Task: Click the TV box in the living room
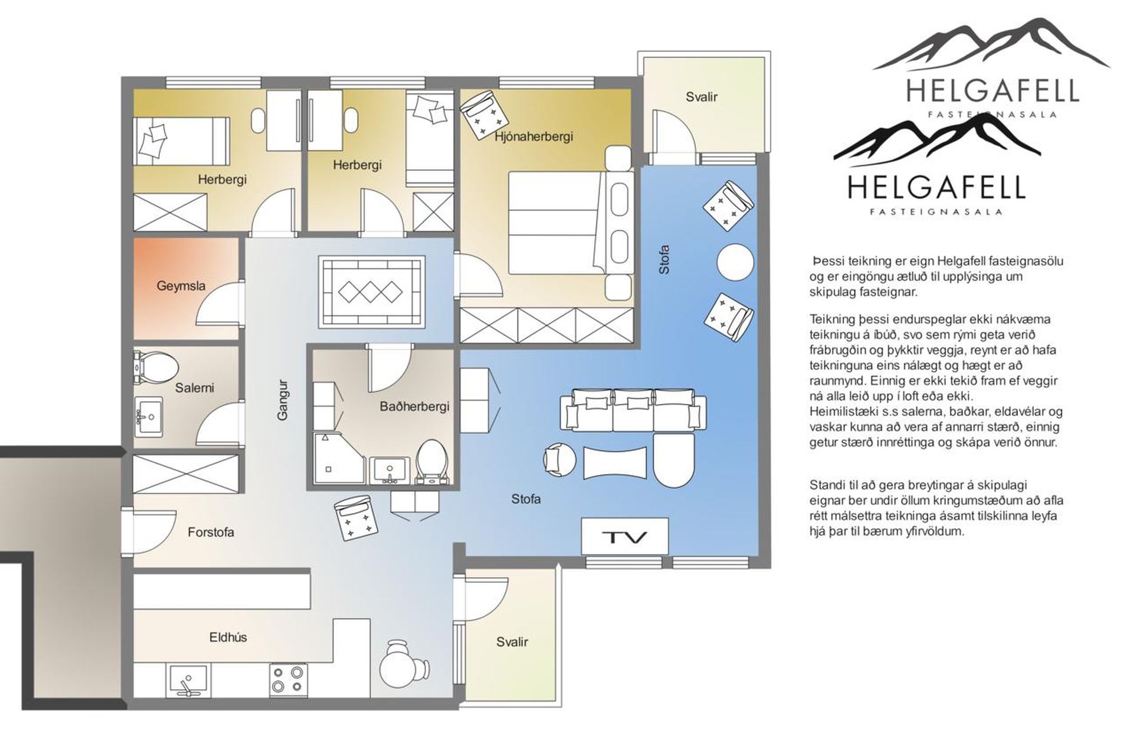pyautogui.click(x=625, y=537)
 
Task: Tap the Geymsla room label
pyautogui.click(x=181, y=286)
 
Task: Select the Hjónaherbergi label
pyautogui.click(x=534, y=136)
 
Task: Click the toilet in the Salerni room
pyautogui.click(x=156, y=366)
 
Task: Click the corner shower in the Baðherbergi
pyautogui.click(x=340, y=459)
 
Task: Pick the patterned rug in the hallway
pyautogui.click(x=372, y=291)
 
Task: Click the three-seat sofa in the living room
pyautogui.click(x=633, y=409)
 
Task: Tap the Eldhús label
pyautogui.click(x=228, y=637)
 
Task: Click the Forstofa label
pyautogui.click(x=211, y=532)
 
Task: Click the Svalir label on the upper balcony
pyautogui.click(x=702, y=97)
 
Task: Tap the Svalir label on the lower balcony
pyautogui.click(x=512, y=642)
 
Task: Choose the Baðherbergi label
pyautogui.click(x=415, y=406)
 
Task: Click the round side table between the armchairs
pyautogui.click(x=735, y=261)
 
